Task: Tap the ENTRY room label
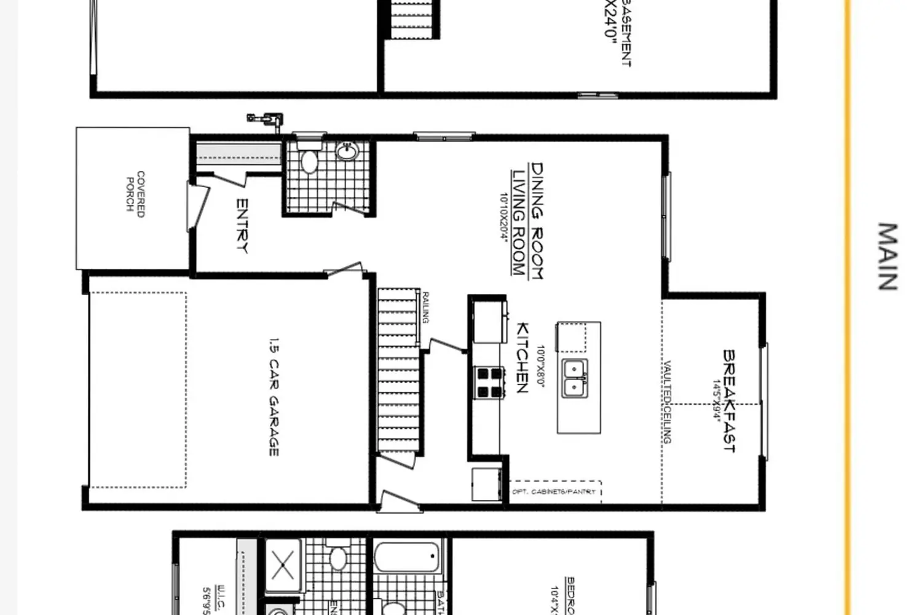pos(242,226)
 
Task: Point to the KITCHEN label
pos(522,357)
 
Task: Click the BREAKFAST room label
pos(730,401)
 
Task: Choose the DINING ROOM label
pos(537,221)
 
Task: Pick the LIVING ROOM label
pos(519,222)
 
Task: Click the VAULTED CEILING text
pos(667,402)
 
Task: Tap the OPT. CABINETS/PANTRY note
pos(554,492)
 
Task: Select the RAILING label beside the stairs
pos(425,307)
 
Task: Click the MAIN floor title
pos(886,256)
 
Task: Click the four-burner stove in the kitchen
pos(490,383)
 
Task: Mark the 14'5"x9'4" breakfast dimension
pos(715,401)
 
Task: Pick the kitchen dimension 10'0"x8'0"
pos(540,365)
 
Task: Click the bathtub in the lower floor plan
pos(408,557)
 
